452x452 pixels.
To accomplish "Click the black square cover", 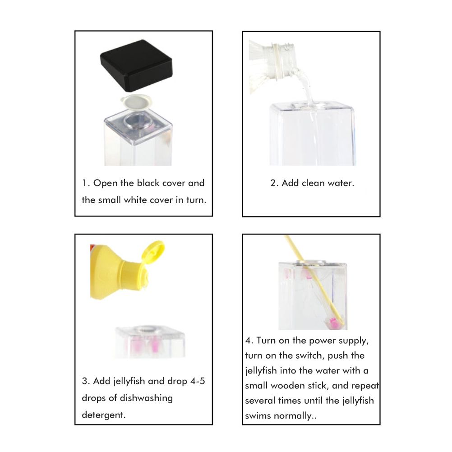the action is (136, 65).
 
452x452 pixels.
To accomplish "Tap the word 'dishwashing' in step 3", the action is (146, 398).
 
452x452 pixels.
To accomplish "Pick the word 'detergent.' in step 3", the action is (104, 415).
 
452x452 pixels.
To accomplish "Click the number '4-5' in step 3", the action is (198, 381).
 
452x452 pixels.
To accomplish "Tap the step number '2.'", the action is (274, 183).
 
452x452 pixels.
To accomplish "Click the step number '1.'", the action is (86, 183).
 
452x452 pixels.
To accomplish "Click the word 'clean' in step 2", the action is (313, 183).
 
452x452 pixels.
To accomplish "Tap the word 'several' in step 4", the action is (260, 401).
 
